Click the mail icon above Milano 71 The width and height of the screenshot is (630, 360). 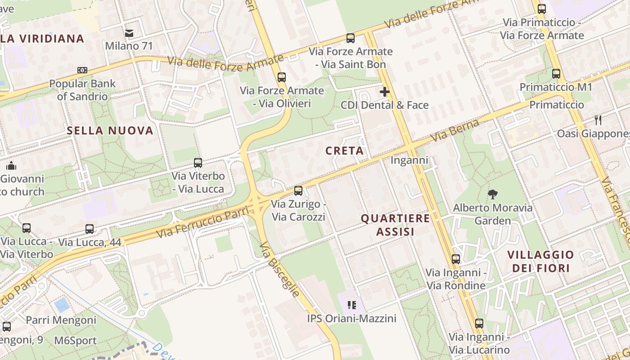click(129, 33)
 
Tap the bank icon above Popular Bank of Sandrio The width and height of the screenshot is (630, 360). click(82, 70)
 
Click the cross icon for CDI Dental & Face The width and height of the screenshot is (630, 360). click(384, 92)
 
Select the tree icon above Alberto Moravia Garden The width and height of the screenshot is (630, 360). click(493, 194)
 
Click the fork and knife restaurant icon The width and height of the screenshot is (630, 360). click(598, 120)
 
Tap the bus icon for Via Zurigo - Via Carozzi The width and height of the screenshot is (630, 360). click(298, 191)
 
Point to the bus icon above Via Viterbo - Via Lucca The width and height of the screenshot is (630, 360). click(198, 163)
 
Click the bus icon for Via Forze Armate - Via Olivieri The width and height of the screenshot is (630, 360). click(282, 77)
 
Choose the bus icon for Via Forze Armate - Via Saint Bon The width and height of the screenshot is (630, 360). click(351, 38)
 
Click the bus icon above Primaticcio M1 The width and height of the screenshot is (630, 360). click(556, 74)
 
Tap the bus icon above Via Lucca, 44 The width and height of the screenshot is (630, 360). click(90, 229)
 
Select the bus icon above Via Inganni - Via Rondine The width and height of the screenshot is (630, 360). click(456, 259)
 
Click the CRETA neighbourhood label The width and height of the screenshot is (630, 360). click(345, 151)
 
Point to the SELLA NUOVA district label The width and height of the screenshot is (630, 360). click(110, 131)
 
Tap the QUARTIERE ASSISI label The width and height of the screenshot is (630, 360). click(395, 225)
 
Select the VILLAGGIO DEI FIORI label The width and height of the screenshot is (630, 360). click(540, 261)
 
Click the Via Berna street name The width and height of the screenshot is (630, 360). click(454, 130)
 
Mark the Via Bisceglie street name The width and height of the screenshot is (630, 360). click(280, 269)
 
